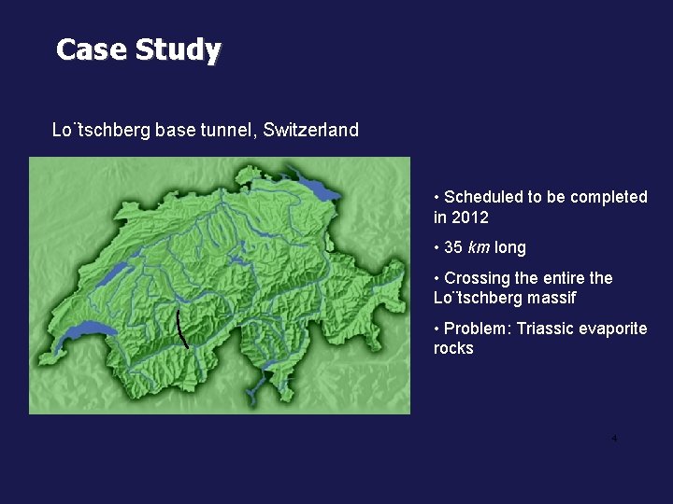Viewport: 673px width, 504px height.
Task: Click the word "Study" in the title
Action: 178,49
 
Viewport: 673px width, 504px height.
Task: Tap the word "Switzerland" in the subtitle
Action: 311,130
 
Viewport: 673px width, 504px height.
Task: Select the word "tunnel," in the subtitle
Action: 225,130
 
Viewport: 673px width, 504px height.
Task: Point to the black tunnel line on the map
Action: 182,328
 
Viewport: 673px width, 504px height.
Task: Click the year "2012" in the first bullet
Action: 470,217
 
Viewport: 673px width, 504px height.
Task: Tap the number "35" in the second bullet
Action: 454,247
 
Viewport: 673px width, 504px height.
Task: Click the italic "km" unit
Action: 478,247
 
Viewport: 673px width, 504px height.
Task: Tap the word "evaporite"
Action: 614,329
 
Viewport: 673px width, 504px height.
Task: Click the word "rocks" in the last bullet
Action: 453,349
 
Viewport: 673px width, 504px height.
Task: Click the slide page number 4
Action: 614,439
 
